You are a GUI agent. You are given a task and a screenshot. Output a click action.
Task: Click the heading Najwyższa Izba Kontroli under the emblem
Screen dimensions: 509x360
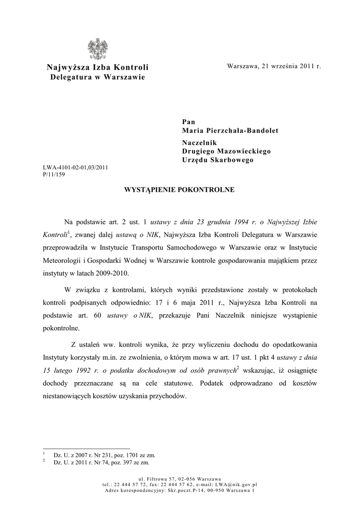97,68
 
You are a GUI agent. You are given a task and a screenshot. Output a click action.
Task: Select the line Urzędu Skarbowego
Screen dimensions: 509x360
217,160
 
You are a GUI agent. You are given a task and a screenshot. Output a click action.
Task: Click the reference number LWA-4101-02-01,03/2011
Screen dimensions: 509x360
76,168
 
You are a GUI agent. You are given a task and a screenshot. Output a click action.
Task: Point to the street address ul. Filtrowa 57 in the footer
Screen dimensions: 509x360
158,479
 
